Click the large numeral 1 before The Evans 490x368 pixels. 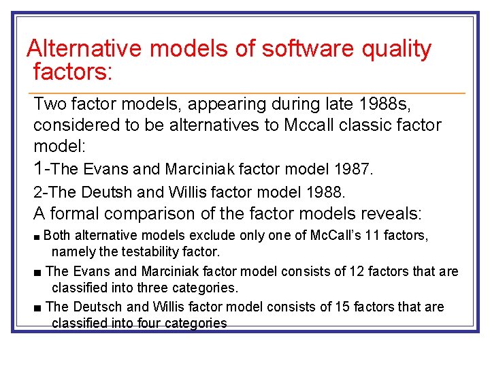(39, 167)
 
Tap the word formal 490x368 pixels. (74, 214)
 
